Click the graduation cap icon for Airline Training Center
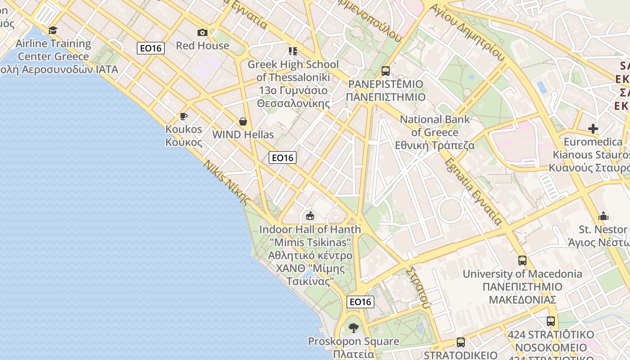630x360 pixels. pos(53,31)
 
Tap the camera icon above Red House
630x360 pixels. pos(202,32)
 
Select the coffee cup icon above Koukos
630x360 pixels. pos(183,117)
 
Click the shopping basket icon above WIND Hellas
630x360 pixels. pos(243,121)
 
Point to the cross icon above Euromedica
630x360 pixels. pos(593,129)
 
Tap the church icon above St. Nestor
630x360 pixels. pos(603,216)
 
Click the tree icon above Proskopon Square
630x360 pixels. pos(353,328)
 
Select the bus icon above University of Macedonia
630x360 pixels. pos(522,260)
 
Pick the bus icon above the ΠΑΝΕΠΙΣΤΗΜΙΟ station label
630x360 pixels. pos(385,71)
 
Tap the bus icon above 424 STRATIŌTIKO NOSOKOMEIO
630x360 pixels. pos(550,321)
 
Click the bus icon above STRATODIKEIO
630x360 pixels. pos(460,342)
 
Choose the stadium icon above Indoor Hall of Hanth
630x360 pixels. pos(310,216)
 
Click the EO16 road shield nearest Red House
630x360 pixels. pos(151,48)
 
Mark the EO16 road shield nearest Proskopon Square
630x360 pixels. pos(360,301)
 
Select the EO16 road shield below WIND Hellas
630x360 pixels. pos(283,157)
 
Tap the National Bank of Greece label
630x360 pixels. pos(435,132)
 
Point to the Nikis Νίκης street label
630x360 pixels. pos(226,182)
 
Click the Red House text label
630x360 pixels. pos(202,45)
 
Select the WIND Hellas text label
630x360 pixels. pos(243,135)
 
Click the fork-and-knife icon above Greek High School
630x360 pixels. pos(293,51)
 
